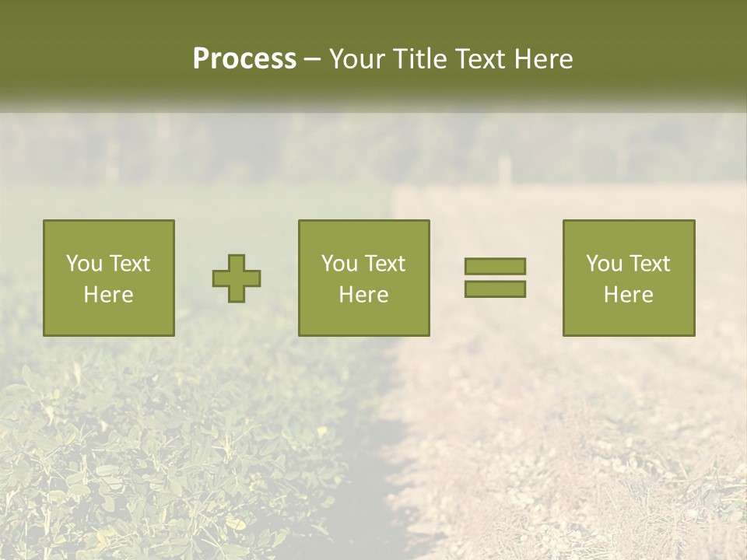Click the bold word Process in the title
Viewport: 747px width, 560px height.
[x=244, y=59]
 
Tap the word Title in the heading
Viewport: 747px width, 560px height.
[x=419, y=59]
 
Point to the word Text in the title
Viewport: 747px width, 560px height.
[x=483, y=59]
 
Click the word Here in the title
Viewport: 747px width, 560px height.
[x=545, y=59]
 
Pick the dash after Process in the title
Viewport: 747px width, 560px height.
[x=313, y=60]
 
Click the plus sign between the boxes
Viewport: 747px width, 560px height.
[x=237, y=278]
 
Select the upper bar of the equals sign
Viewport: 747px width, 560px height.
[x=495, y=266]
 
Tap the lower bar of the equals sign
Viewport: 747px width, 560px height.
[x=495, y=289]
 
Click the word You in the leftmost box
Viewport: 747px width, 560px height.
[x=84, y=264]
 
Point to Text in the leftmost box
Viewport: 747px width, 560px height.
[x=129, y=264]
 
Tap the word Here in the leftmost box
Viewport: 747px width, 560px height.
[x=108, y=295]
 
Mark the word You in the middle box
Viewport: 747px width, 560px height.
[x=339, y=264]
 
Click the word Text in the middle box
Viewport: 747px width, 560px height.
[x=384, y=264]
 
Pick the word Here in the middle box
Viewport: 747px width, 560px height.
[x=363, y=295]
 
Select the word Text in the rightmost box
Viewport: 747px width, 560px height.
[x=649, y=264]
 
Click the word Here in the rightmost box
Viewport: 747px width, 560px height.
[x=628, y=295]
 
